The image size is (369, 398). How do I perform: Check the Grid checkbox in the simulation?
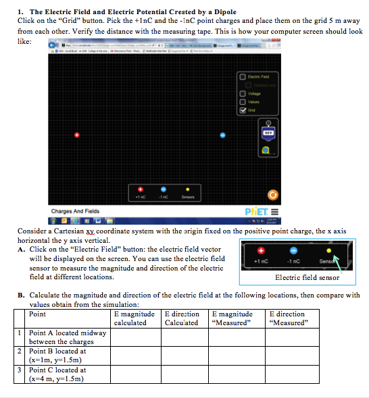(243, 111)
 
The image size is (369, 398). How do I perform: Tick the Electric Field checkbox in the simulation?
(243, 76)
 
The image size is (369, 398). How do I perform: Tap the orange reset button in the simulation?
(273, 196)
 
